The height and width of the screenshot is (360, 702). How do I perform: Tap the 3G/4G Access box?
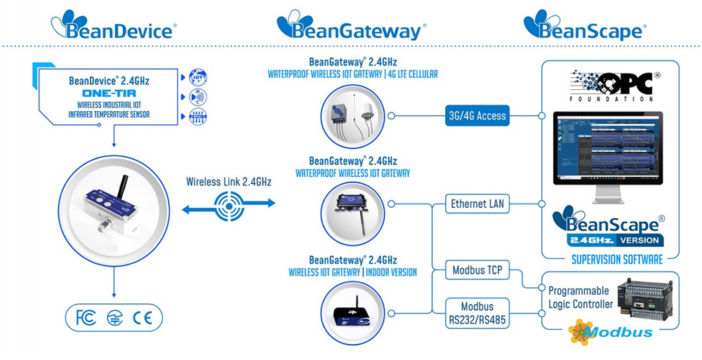tap(481, 116)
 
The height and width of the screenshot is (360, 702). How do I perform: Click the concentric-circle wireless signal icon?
tap(228, 204)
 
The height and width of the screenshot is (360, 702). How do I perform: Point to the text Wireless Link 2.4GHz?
tap(230, 182)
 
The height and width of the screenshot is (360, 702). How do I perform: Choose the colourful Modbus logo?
tap(611, 331)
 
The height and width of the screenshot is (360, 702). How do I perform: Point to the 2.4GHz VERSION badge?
tap(618, 239)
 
